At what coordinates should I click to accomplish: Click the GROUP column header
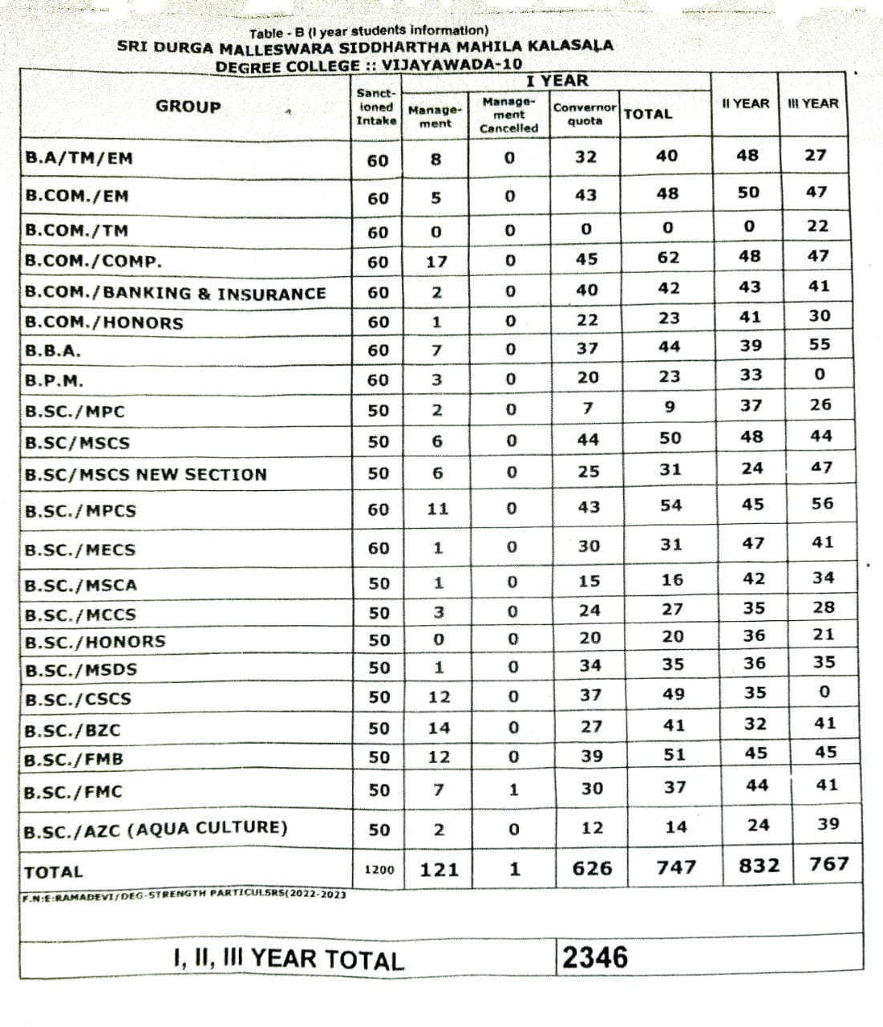pyautogui.click(x=188, y=107)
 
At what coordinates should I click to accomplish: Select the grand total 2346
pyautogui.click(x=595, y=957)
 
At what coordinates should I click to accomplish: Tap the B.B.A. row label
pyautogui.click(x=53, y=351)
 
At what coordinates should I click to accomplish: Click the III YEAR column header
pyautogui.click(x=812, y=104)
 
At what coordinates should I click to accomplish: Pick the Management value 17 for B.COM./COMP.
pyautogui.click(x=437, y=262)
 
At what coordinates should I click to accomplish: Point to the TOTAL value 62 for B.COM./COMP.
pyautogui.click(x=668, y=258)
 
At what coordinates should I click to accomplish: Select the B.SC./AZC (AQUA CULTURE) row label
pyautogui.click(x=156, y=828)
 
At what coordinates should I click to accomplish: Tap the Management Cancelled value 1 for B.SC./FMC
pyautogui.click(x=514, y=790)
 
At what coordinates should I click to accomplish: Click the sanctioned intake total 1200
pyautogui.click(x=379, y=870)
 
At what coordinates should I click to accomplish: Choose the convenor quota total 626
pyautogui.click(x=593, y=868)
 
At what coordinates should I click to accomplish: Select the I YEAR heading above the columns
pyautogui.click(x=557, y=81)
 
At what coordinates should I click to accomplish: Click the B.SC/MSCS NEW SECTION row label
pyautogui.click(x=145, y=474)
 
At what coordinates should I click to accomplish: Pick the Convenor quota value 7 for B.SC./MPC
pyautogui.click(x=588, y=408)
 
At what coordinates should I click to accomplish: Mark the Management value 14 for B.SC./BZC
pyautogui.click(x=439, y=729)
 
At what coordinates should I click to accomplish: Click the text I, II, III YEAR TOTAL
pyautogui.click(x=289, y=960)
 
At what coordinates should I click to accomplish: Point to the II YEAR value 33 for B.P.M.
pyautogui.click(x=751, y=375)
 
